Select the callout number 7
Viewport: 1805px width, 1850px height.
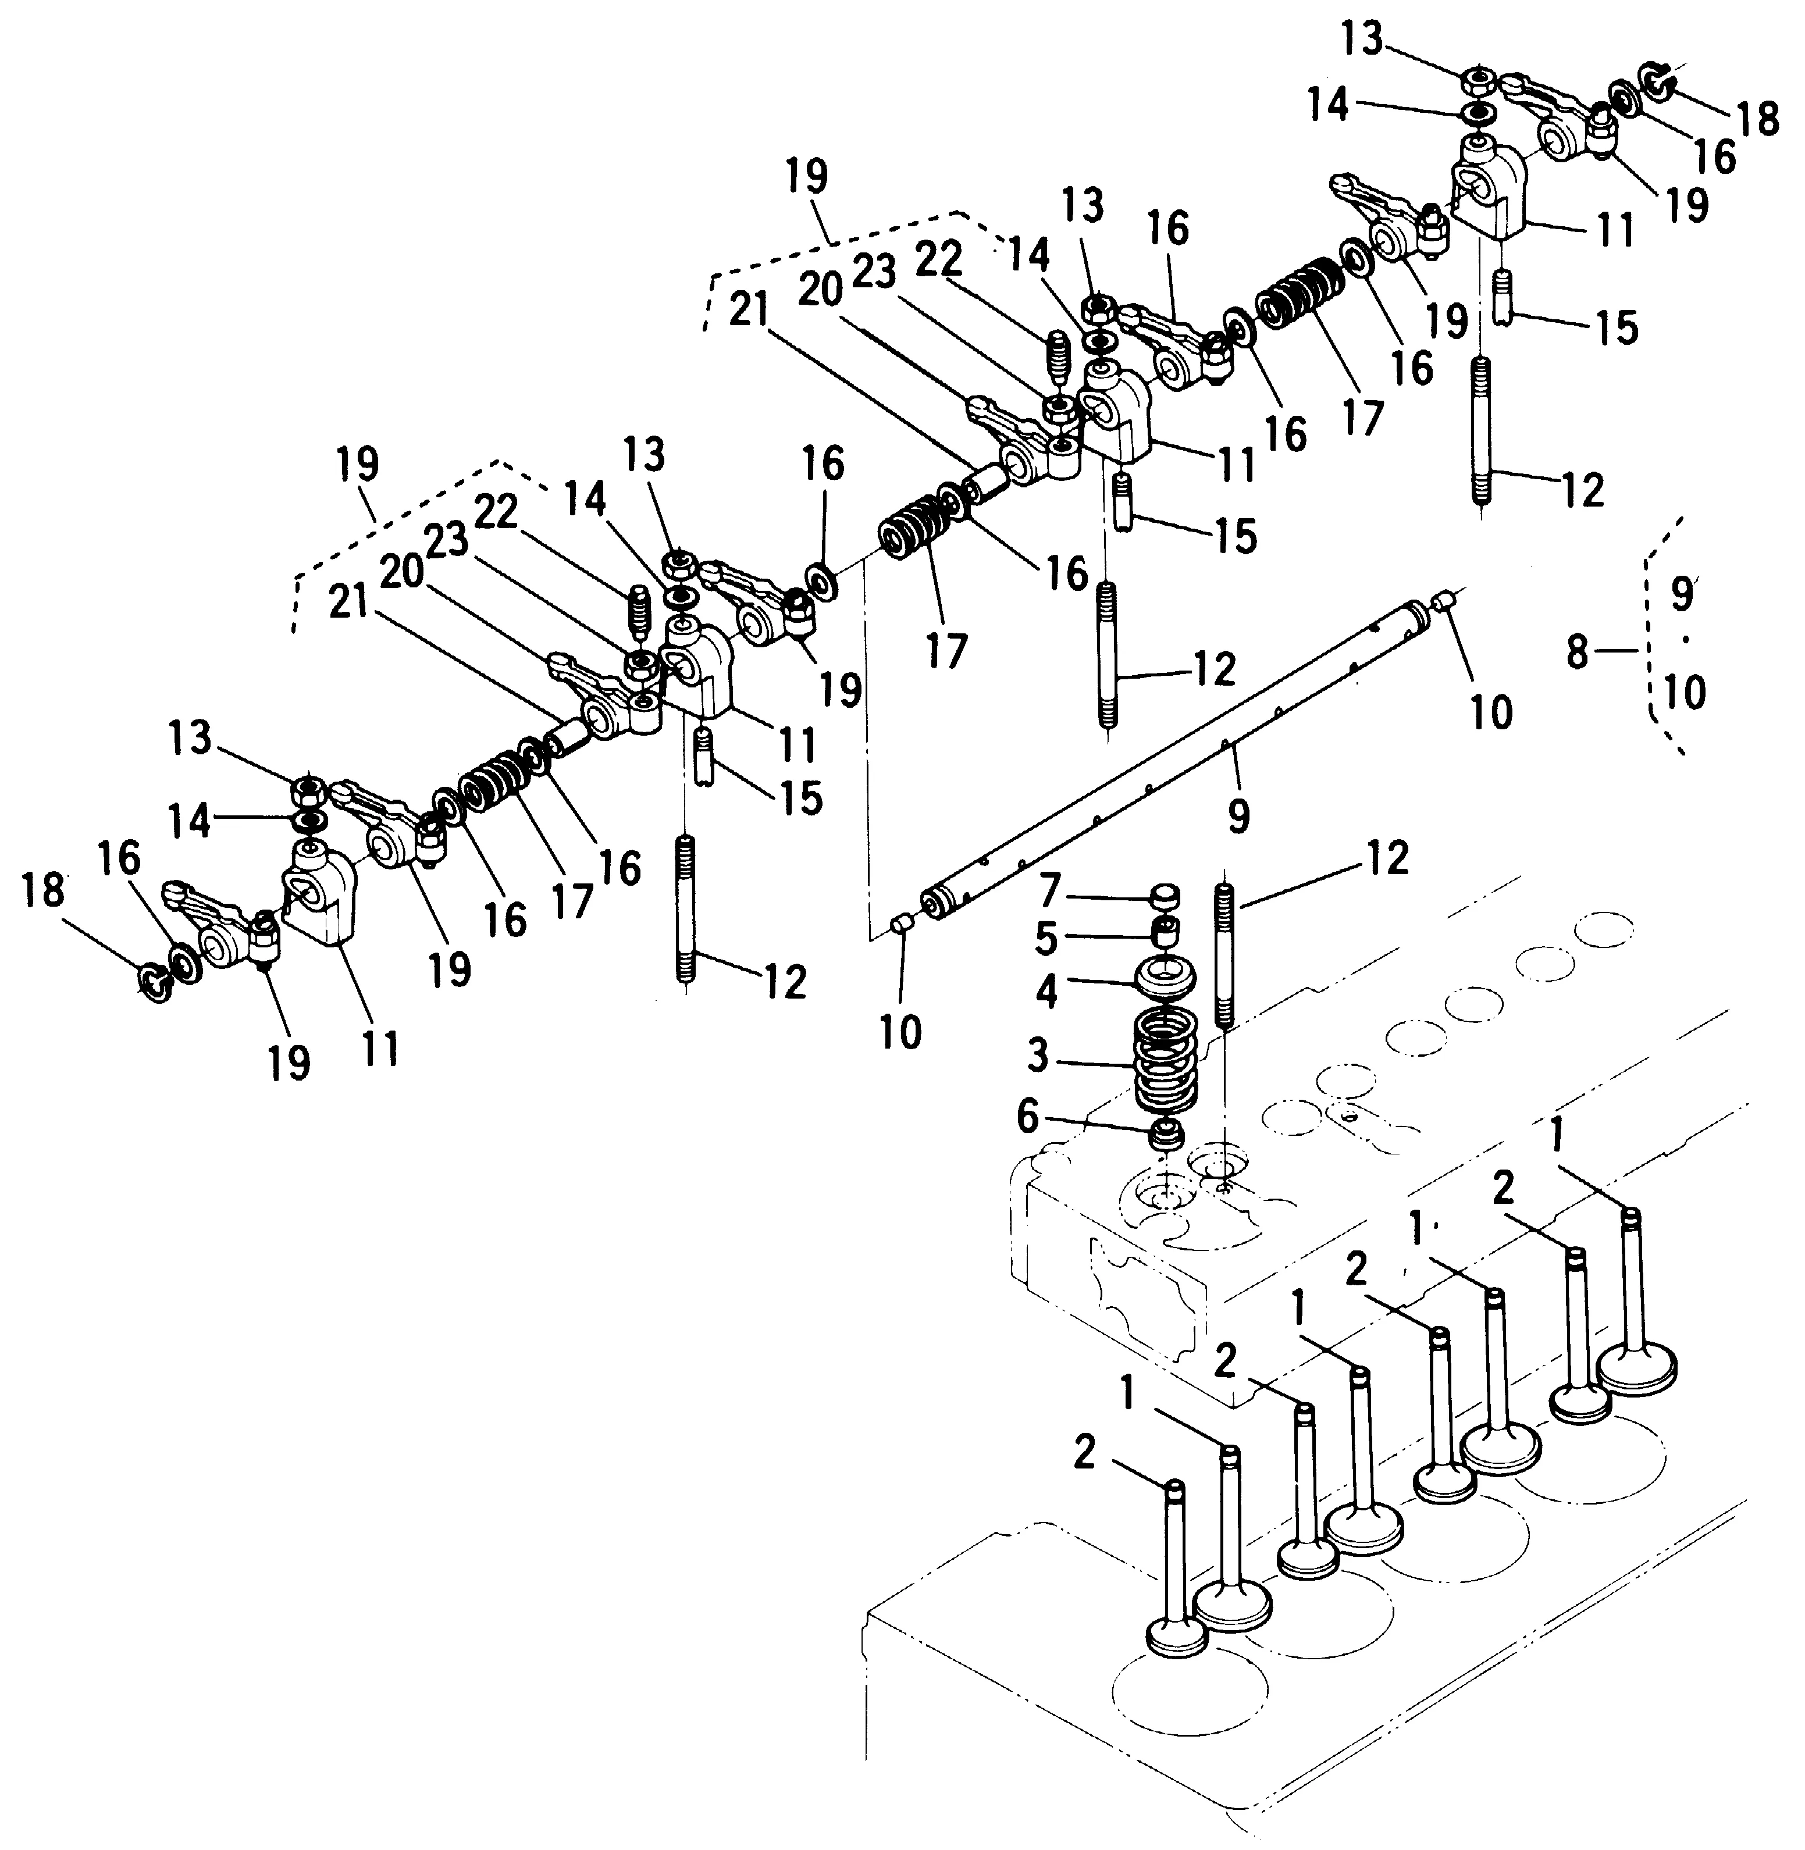tap(1048, 892)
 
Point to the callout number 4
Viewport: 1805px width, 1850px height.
tap(1046, 990)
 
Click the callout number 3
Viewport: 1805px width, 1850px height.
tap(1039, 1055)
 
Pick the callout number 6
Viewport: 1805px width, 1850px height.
tap(1028, 1118)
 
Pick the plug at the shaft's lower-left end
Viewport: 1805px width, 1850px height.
tap(903, 923)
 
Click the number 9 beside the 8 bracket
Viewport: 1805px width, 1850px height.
tap(1681, 595)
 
